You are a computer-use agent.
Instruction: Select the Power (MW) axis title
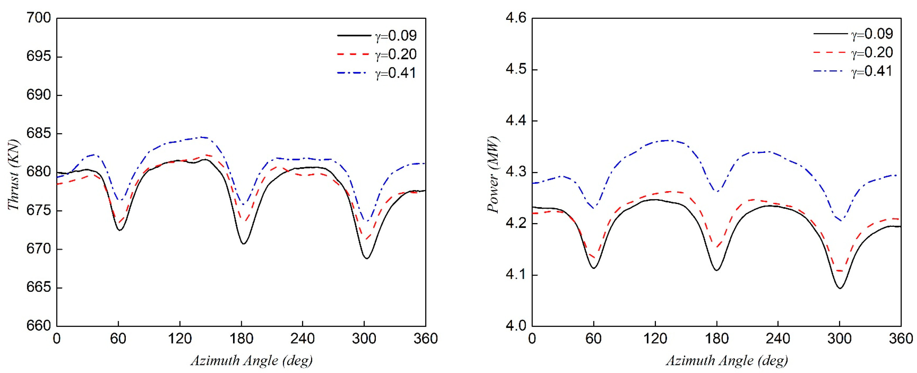[493, 175]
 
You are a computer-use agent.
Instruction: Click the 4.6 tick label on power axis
[516, 18]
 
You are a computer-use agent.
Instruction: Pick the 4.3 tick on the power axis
[516, 172]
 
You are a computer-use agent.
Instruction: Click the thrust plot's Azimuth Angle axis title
[251, 360]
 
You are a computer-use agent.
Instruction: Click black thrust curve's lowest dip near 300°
[366, 258]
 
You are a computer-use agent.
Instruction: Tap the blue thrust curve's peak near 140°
[202, 137]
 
